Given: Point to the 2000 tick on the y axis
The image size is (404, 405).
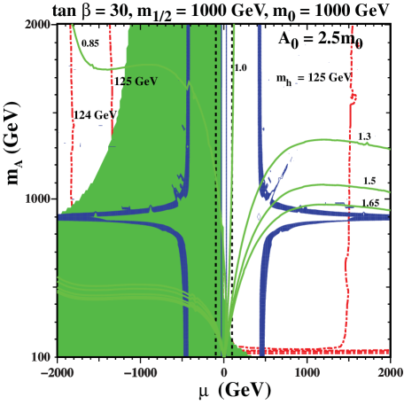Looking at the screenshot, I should point(37,26).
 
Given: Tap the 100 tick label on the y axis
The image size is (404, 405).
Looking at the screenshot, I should point(41,355).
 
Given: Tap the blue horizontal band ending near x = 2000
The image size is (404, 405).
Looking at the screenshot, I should point(354,215).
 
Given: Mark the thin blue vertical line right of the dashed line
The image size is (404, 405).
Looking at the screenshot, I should point(227,133).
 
